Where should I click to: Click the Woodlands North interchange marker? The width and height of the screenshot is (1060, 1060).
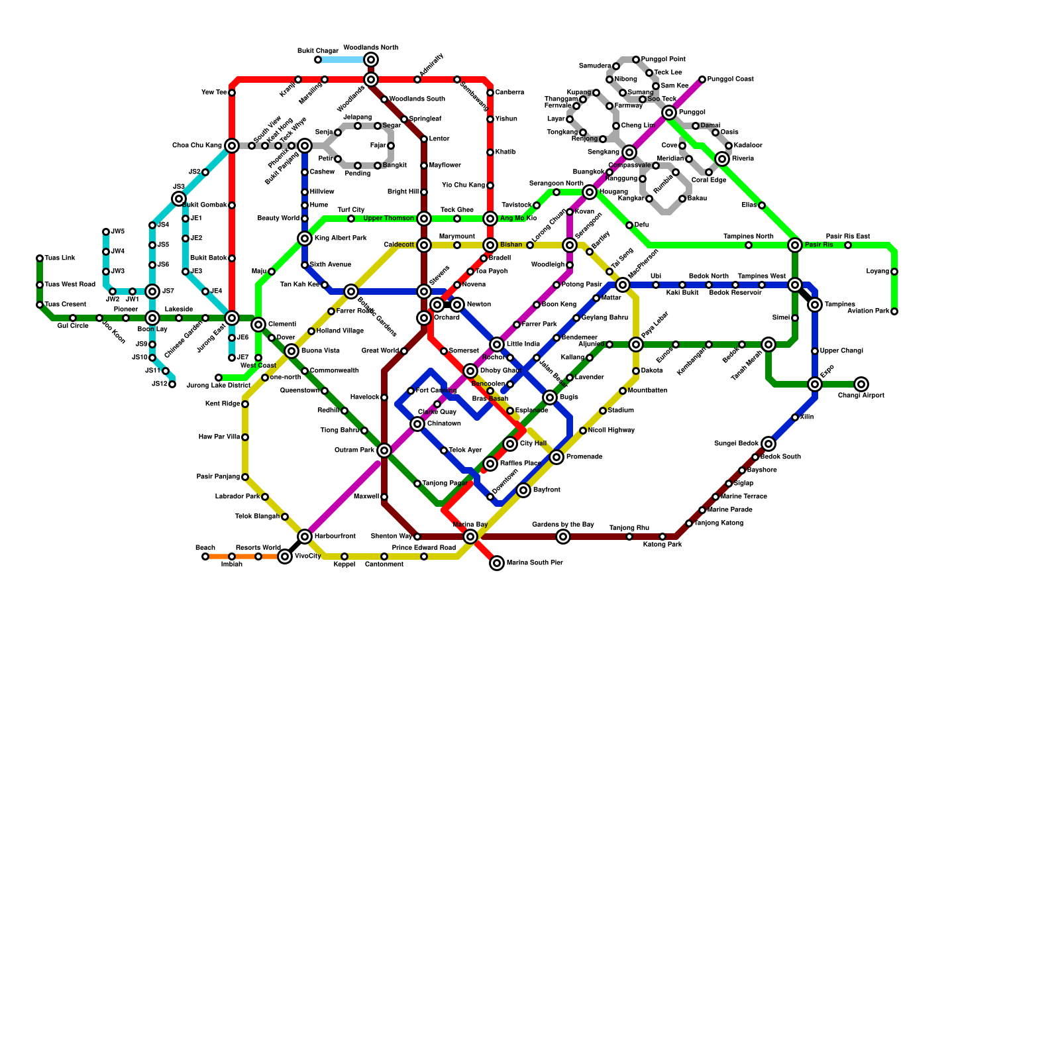pyautogui.click(x=371, y=60)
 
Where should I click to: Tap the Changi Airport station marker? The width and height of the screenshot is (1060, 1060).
pyautogui.click(x=861, y=384)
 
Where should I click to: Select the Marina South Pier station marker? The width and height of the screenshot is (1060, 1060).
pyautogui.click(x=497, y=563)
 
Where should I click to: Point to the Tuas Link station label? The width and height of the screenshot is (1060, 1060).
pyautogui.click(x=60, y=258)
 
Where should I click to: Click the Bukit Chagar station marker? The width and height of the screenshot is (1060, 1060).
pyautogui.click(x=318, y=60)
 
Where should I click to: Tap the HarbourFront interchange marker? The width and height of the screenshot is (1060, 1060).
pyautogui.click(x=305, y=537)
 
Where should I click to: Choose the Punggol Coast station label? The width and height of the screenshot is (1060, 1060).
pyautogui.click(x=730, y=79)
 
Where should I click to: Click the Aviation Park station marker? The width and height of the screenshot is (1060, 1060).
pyautogui.click(x=894, y=311)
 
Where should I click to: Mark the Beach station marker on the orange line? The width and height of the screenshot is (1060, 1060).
pyautogui.click(x=205, y=556)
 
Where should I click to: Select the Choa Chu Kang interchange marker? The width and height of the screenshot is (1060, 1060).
pyautogui.click(x=232, y=146)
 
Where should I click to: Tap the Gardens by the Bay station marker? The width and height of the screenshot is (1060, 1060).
pyautogui.click(x=563, y=537)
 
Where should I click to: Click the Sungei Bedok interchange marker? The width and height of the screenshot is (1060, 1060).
pyautogui.click(x=768, y=444)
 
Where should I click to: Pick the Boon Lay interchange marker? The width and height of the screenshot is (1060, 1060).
pyautogui.click(x=152, y=318)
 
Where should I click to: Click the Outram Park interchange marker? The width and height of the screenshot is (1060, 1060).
pyautogui.click(x=384, y=450)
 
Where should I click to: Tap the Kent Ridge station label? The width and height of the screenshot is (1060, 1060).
pyautogui.click(x=223, y=404)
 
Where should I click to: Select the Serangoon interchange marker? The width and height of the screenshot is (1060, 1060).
pyautogui.click(x=570, y=245)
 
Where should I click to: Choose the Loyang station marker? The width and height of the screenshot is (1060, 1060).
pyautogui.click(x=894, y=272)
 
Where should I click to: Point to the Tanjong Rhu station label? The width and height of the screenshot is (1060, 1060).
pyautogui.click(x=629, y=528)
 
